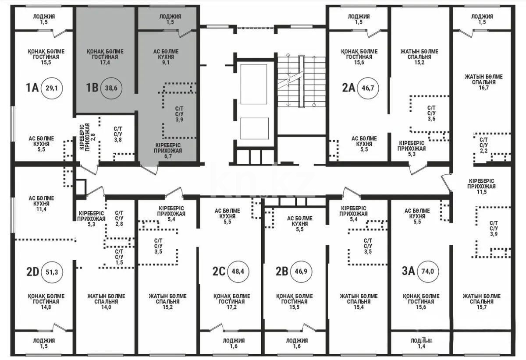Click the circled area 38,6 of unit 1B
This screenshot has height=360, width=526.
(x=113, y=88)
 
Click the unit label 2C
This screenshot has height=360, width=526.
(x=219, y=272)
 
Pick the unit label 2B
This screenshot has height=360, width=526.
(x=281, y=272)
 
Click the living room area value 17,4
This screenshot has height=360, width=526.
(x=105, y=63)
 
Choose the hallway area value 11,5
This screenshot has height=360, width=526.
(x=481, y=192)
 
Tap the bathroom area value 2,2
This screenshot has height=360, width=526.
(x=484, y=151)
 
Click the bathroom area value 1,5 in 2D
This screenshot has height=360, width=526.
(x=119, y=262)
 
